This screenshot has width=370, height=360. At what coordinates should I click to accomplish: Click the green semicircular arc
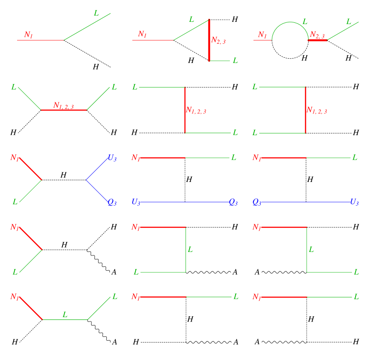click(290, 22)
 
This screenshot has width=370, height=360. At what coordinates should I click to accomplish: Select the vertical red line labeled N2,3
click(209, 40)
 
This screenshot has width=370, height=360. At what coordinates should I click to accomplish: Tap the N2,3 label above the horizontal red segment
click(317, 35)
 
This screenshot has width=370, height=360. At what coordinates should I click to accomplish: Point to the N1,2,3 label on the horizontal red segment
click(63, 105)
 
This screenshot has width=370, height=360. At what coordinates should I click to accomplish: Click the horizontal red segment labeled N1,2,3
click(64, 110)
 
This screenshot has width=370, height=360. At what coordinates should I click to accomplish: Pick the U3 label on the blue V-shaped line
click(112, 158)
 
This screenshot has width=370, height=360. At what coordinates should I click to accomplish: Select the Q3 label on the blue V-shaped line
click(112, 202)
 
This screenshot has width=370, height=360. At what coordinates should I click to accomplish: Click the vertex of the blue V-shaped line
click(86, 180)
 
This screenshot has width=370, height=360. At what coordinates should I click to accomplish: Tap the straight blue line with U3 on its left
click(184, 202)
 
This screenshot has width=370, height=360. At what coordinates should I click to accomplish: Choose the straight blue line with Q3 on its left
click(306, 202)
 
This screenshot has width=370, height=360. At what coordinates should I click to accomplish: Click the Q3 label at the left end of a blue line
click(257, 202)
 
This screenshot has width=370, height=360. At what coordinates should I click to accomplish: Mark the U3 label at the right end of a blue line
click(354, 202)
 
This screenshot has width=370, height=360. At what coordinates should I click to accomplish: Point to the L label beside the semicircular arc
click(305, 22)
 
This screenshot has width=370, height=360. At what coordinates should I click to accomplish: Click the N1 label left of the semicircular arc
click(262, 35)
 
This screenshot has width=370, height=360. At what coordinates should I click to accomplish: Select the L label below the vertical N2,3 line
click(235, 60)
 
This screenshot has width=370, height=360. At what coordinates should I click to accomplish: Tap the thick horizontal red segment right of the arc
click(318, 40)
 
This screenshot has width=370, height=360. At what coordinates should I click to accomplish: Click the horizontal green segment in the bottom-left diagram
click(65, 320)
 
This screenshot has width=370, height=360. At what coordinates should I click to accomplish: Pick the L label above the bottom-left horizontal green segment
click(65, 315)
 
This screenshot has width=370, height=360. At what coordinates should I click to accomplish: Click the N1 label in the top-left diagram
click(28, 35)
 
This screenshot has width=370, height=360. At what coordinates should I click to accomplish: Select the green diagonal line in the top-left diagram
click(87, 27)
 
